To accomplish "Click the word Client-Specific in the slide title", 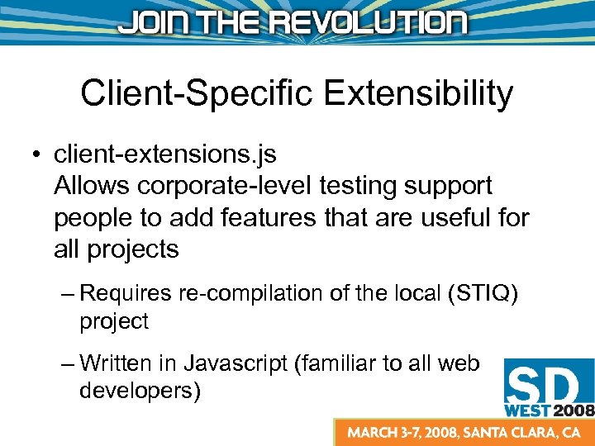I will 196,94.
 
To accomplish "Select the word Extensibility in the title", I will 419,94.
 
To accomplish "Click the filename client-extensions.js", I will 165,154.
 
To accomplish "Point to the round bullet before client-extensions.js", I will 37,155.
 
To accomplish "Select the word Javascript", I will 236,363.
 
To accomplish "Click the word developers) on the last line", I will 140,391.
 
